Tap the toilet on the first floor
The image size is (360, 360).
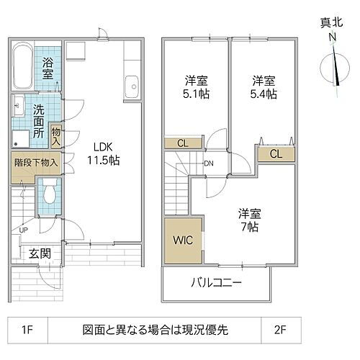point(49,192)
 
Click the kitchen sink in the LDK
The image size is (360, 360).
point(131,86)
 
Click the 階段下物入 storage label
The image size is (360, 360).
point(35,162)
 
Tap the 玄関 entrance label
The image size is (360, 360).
point(40,253)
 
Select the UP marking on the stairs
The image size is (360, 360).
point(24,230)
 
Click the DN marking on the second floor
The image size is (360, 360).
point(209,163)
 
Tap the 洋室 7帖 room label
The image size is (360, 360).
point(250,220)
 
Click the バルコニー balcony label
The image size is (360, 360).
point(215,282)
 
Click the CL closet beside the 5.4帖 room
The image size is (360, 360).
point(276,154)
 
